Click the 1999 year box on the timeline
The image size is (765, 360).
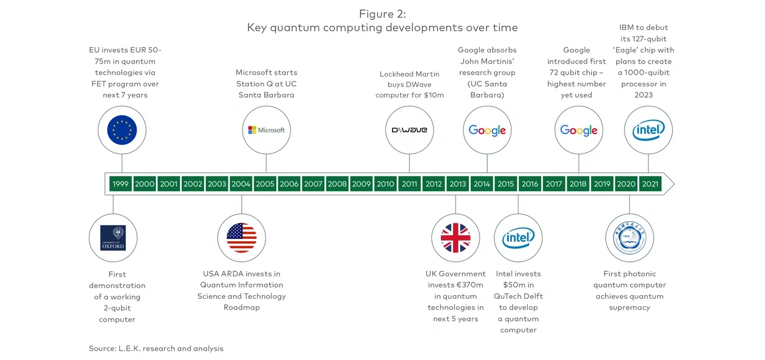tap(120, 184)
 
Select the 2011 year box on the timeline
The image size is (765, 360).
tap(410, 184)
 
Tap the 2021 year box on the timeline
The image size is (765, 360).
tap(650, 184)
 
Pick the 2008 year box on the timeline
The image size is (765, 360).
tap(337, 184)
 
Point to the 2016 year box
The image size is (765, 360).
tap(530, 184)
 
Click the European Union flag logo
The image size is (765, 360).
tap(122, 130)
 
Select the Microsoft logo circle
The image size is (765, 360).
tap(266, 130)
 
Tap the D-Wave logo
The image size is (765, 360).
tap(410, 130)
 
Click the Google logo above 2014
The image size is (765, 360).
tap(487, 130)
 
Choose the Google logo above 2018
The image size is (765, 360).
tap(578, 130)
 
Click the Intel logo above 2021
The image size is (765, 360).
tap(648, 130)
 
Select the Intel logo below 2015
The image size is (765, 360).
tap(518, 238)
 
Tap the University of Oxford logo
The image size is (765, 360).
tap(112, 238)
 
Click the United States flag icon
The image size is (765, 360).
tap(241, 238)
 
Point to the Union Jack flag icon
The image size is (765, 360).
tap(455, 238)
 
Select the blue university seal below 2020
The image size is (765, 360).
tap(629, 238)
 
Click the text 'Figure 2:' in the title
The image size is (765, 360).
tap(382, 14)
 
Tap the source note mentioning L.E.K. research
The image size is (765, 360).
tap(156, 348)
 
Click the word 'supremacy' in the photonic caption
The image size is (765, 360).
tap(629, 307)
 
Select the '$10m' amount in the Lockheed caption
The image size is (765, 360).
tap(434, 95)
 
